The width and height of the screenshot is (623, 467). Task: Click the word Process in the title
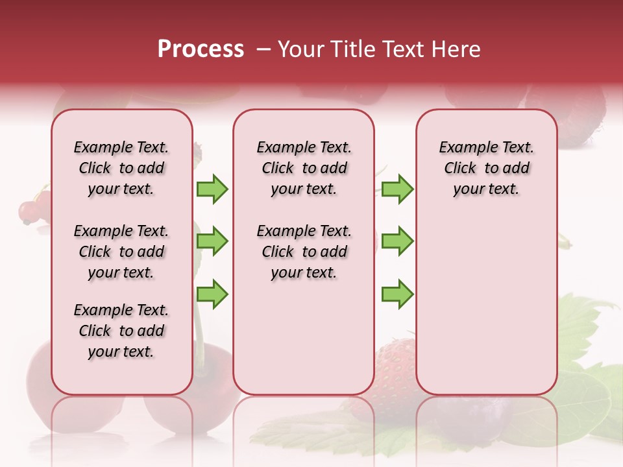201,49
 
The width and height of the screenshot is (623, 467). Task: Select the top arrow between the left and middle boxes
212,189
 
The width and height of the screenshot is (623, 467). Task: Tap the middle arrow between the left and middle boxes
212,241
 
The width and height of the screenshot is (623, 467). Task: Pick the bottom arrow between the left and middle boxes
212,294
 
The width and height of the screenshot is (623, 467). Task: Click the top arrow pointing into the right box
397,189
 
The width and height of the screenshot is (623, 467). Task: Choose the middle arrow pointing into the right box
397,241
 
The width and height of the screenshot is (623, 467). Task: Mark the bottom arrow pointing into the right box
397,294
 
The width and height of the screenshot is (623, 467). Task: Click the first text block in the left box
121,168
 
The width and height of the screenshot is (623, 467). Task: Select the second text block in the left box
121,252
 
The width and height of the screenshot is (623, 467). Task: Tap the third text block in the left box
121,331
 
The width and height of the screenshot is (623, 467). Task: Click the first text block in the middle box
304,168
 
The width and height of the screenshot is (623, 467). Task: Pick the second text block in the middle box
304,252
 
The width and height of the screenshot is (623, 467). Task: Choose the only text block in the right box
486,168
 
